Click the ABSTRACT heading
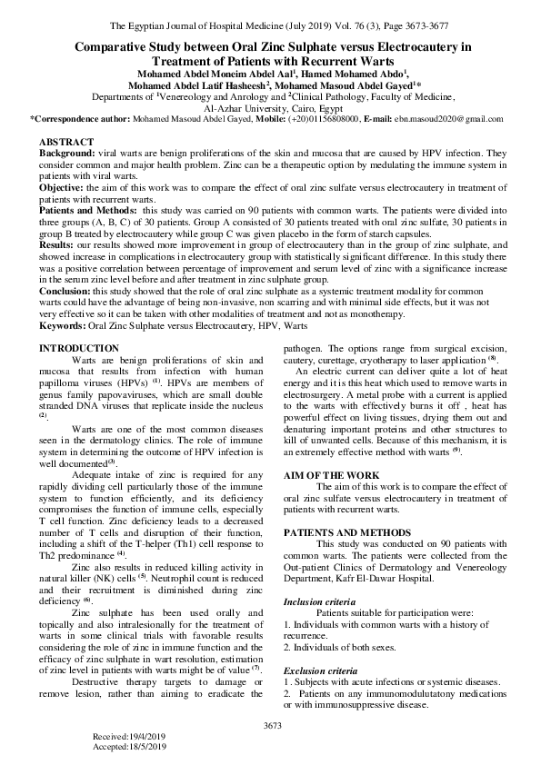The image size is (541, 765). [x=66, y=143]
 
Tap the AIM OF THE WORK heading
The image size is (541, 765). [x=329, y=475]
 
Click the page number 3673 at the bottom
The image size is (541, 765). [x=271, y=725]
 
